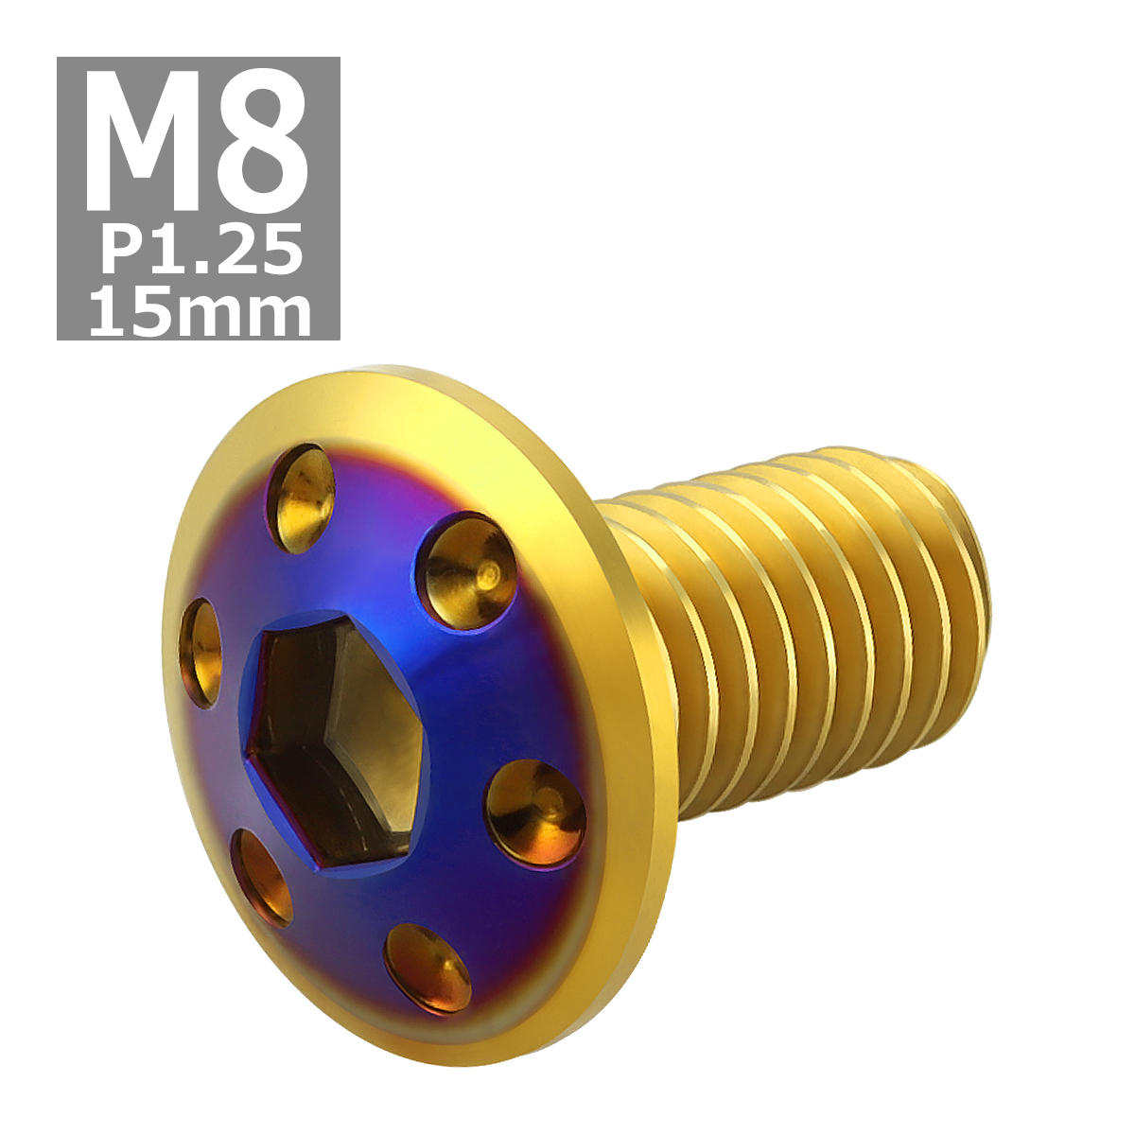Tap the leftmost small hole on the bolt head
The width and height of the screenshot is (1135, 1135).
pyautogui.click(x=200, y=653)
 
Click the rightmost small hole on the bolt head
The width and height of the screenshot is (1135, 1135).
pyautogui.click(x=535, y=812)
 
